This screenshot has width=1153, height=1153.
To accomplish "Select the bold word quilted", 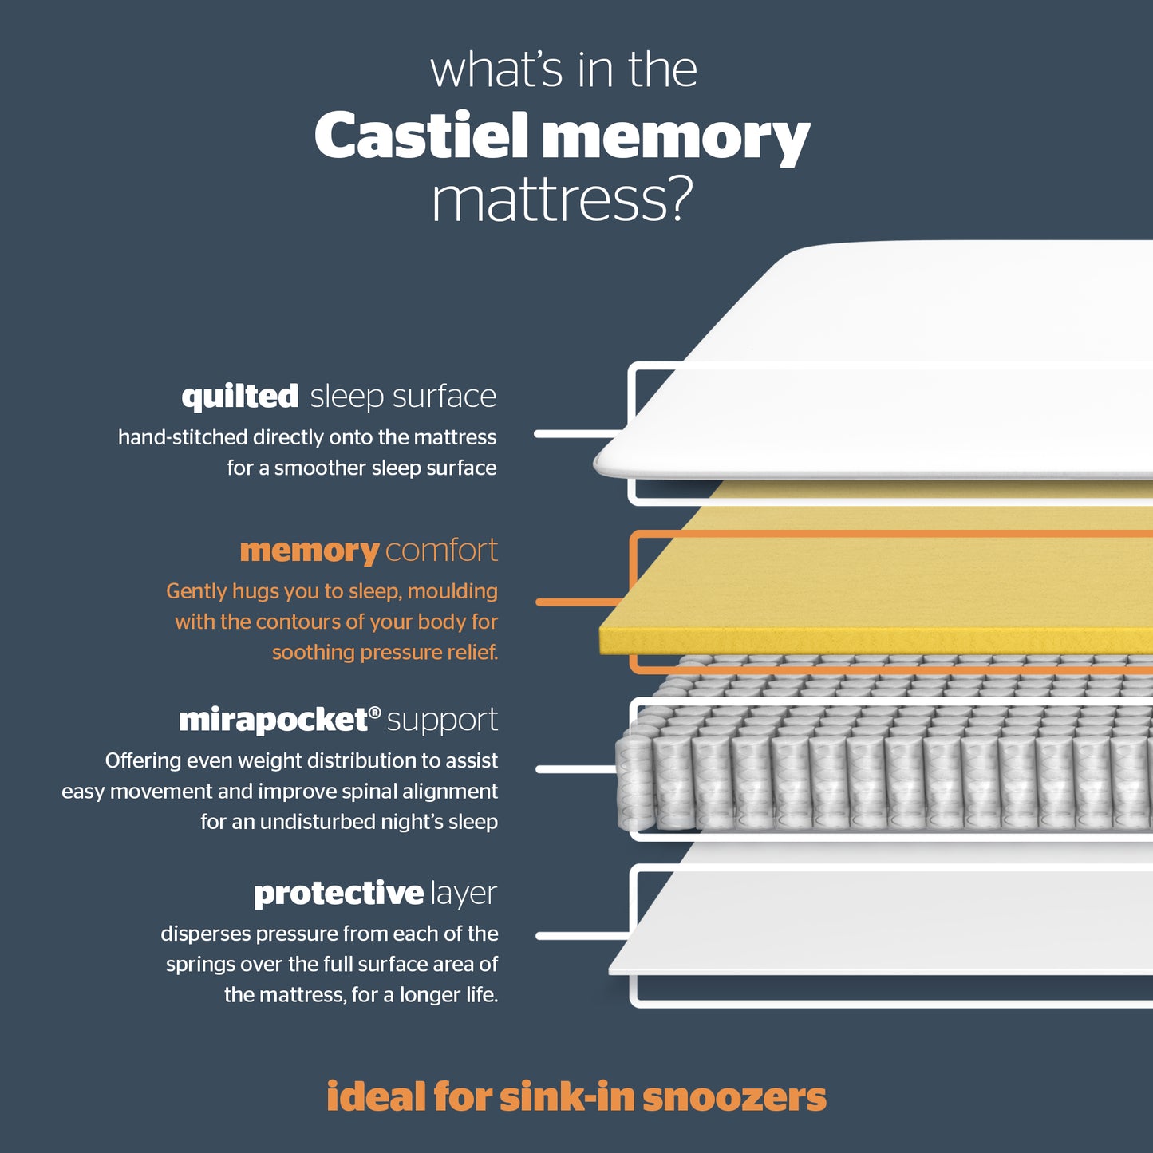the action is coord(240,397).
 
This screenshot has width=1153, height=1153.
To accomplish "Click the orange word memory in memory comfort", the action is coord(310,551).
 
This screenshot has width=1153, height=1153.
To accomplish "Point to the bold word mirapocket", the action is coord(274,721).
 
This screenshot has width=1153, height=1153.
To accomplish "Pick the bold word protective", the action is coord(338,894).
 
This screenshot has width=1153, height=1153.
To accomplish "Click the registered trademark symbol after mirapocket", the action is coord(375,712).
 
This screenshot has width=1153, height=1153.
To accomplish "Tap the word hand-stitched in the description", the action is coord(183,437).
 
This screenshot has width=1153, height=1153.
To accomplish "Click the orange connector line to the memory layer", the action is coord(580,602).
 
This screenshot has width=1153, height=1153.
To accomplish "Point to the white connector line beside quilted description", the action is coord(578,434).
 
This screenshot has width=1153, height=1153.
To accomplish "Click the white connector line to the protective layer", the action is coord(583,936).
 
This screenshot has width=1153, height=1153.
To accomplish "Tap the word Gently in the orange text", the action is coord(196,592).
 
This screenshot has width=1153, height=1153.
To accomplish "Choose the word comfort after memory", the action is coord(441,550).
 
